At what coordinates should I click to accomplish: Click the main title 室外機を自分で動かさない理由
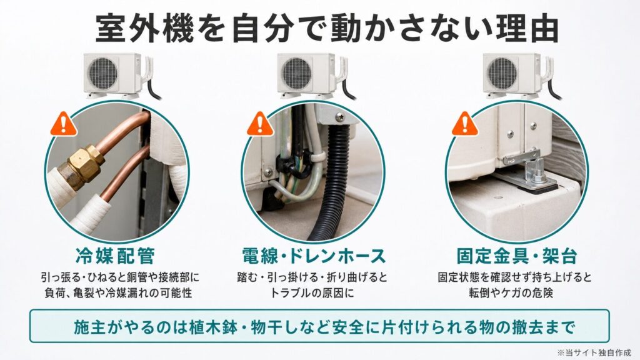(x=327, y=29)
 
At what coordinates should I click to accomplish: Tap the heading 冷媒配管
(x=116, y=256)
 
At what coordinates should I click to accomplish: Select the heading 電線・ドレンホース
(x=314, y=256)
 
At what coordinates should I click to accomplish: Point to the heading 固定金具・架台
(x=517, y=256)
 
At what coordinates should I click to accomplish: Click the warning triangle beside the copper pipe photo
(x=64, y=124)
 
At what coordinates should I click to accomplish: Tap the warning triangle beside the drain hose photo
(x=260, y=124)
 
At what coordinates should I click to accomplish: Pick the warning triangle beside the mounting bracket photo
(x=464, y=124)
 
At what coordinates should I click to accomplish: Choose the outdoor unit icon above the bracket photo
(x=521, y=76)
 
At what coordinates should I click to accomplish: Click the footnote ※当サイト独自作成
(x=594, y=352)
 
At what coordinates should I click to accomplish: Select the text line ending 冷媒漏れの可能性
(x=118, y=292)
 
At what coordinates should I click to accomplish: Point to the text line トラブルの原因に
(x=312, y=292)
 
